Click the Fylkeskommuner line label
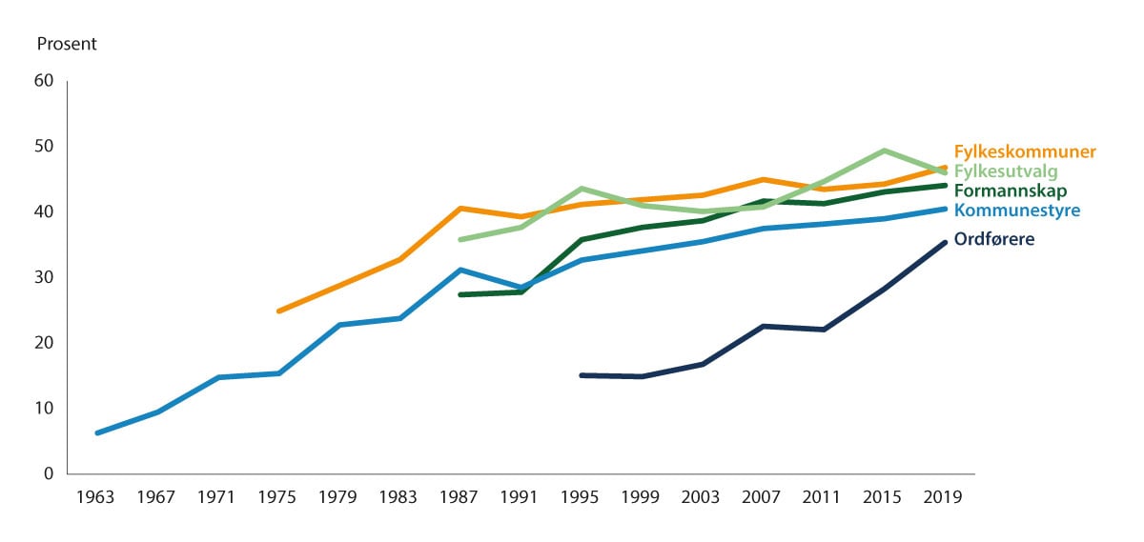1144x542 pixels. click(x=1025, y=151)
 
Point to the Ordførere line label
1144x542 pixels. click(x=994, y=239)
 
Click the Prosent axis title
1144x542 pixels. click(x=67, y=44)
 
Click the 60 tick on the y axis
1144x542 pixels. click(x=43, y=81)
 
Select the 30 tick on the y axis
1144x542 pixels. click(x=43, y=277)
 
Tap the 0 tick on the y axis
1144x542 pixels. click(x=48, y=473)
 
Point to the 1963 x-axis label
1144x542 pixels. click(x=95, y=497)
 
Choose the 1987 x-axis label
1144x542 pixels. click(x=461, y=497)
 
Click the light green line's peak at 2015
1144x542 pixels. click(x=884, y=151)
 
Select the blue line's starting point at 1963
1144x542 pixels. click(x=97, y=432)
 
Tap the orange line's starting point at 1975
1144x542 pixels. click(x=278, y=311)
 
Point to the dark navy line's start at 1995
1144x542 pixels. click(x=582, y=375)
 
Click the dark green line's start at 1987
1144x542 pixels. click(x=460, y=294)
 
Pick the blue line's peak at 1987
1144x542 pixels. click(x=461, y=270)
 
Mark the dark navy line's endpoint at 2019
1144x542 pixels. click(x=945, y=243)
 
